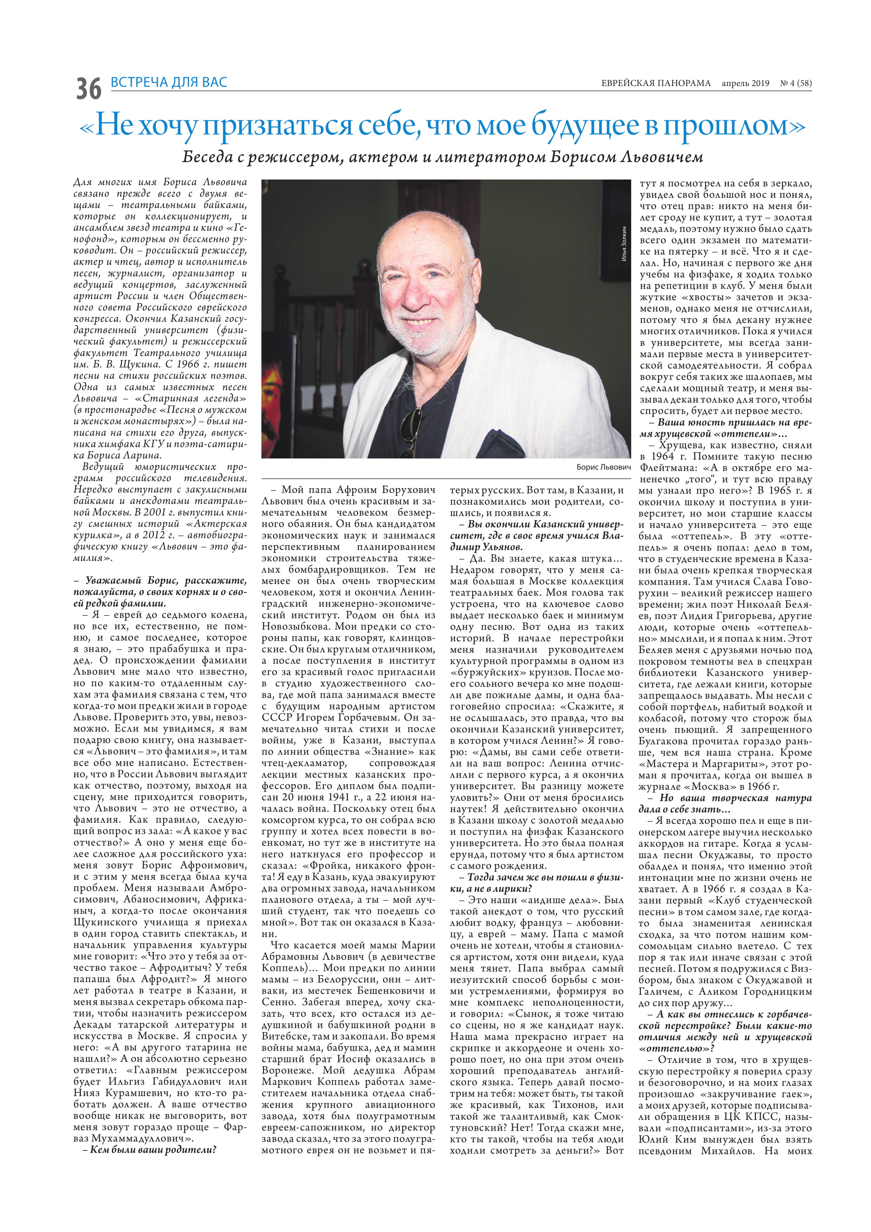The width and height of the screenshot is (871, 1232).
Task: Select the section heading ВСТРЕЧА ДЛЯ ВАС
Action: (x=169, y=82)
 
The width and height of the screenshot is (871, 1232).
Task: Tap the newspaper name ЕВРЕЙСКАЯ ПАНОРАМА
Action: (x=655, y=83)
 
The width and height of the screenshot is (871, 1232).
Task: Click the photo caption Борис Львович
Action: (x=603, y=467)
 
